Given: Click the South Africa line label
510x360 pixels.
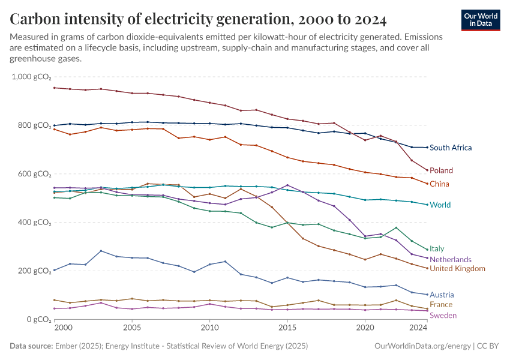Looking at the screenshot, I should [451, 148].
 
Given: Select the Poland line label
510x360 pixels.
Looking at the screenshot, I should [441, 170].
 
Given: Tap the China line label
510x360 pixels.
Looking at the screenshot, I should [439, 184].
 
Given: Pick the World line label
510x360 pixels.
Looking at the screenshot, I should [440, 205].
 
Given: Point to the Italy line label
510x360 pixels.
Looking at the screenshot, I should [437, 248].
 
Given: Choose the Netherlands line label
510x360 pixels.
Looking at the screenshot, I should [451, 259].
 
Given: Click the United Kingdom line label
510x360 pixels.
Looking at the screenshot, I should [457, 269].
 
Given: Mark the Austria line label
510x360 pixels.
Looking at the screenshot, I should [442, 295].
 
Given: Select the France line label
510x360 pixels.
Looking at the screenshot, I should [441, 305].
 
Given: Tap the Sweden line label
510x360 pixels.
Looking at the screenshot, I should [443, 316].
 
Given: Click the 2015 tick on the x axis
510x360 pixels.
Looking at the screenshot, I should [287, 329].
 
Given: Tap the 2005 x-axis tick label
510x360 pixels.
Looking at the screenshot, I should [132, 329].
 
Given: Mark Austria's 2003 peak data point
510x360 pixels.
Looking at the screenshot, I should [101, 251].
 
